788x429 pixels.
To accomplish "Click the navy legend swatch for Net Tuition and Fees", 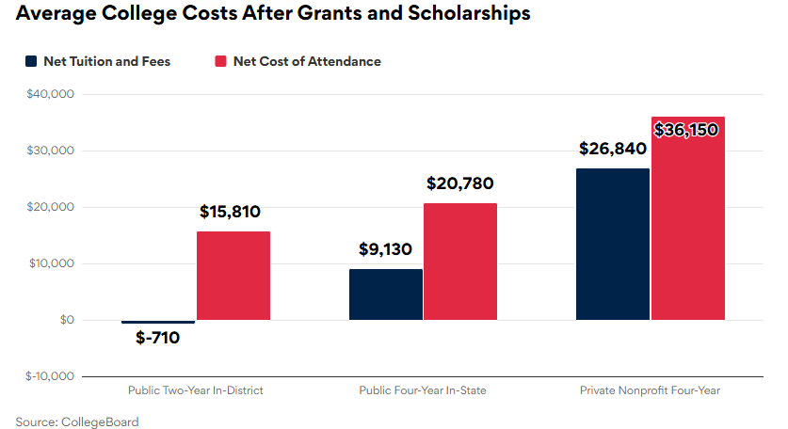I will [30, 61].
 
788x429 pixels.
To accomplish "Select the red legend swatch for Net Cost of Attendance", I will [220, 61].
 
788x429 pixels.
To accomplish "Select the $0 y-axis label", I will [65, 321].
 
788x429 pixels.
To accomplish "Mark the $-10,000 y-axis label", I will [49, 376].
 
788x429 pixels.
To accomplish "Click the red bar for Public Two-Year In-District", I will [233, 276].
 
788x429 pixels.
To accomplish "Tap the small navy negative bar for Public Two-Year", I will [158, 323].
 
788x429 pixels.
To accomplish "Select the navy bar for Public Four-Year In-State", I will [386, 294].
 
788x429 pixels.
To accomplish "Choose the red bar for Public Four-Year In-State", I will [460, 262].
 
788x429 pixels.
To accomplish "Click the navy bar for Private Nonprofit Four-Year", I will [613, 245].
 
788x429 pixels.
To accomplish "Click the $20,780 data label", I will [459, 184].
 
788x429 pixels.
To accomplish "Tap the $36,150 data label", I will [686, 130].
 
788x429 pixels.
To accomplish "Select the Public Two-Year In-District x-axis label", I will [195, 390].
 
